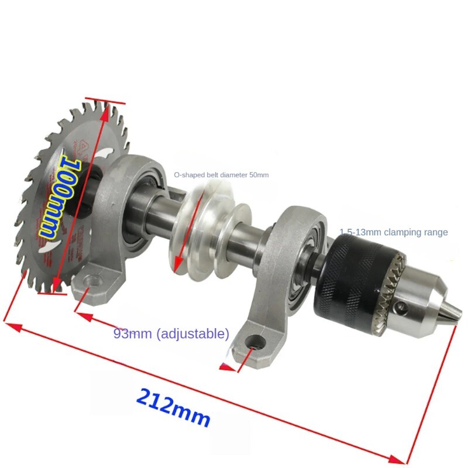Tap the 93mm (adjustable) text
(x=171, y=334)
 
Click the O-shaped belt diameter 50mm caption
(x=222, y=174)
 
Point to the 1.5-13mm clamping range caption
(x=394, y=232)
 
